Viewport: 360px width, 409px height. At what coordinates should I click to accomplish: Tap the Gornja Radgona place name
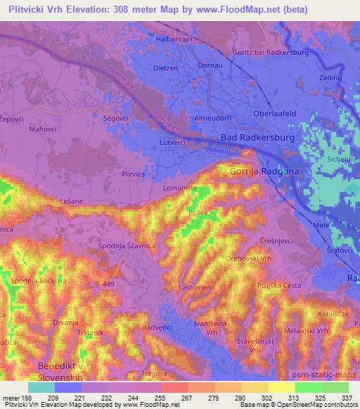(x=259, y=171)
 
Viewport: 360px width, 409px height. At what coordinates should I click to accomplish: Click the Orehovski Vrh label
(x=247, y=259)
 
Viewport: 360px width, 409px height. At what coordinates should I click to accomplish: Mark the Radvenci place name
(x=157, y=327)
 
